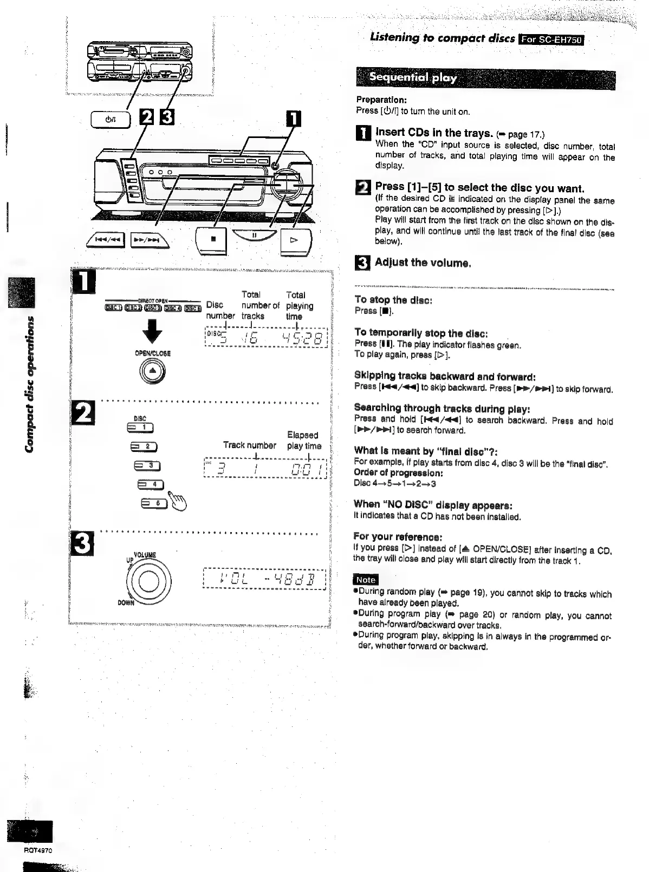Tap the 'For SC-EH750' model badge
(x=551, y=39)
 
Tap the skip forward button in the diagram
(x=149, y=239)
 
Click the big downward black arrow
(x=152, y=331)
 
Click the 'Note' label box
(x=366, y=579)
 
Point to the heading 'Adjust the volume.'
(x=423, y=263)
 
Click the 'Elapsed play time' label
(x=303, y=441)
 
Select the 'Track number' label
(x=249, y=445)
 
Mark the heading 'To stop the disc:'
(x=393, y=300)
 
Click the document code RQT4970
(x=38, y=850)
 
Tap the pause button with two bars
(x=254, y=235)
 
